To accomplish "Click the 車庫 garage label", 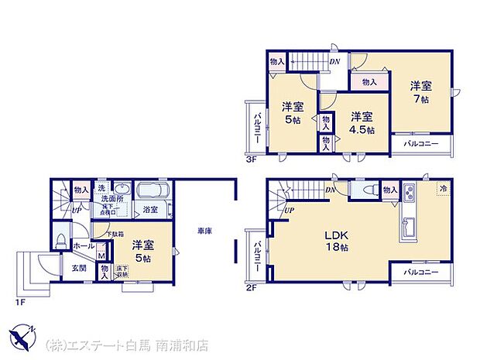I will click(204, 230).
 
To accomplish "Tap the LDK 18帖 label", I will click(334, 242).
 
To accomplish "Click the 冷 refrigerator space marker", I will click(443, 189).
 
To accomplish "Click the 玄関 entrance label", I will click(80, 269).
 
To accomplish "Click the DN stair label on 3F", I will click(334, 63).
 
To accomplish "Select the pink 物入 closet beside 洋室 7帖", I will click(369, 81).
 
